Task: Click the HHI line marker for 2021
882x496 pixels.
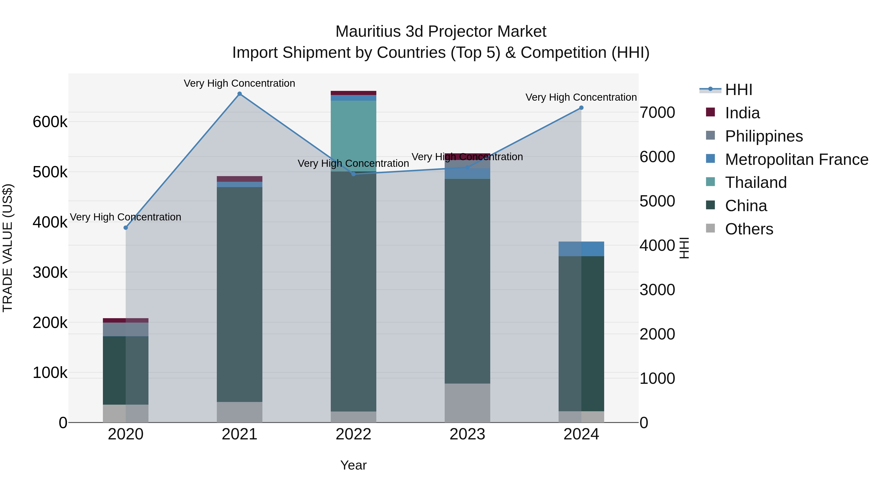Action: [239, 94]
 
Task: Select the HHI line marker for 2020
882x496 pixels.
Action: [126, 228]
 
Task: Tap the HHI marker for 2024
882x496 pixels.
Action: [581, 108]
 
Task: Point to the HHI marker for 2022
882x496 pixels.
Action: [354, 174]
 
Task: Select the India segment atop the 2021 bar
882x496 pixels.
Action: [239, 179]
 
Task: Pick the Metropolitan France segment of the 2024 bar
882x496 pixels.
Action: [581, 249]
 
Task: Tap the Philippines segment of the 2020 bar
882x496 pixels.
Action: [126, 329]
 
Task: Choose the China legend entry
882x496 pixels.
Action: [746, 206]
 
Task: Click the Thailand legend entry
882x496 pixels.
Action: [756, 182]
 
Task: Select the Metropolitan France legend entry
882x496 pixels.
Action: [796, 159]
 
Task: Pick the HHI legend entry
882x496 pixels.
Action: [738, 90]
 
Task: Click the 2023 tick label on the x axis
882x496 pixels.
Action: [467, 434]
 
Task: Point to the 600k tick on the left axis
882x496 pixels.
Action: [50, 122]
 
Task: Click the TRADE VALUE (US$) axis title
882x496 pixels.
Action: [8, 248]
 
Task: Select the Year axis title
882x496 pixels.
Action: [353, 465]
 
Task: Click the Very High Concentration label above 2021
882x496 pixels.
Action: [239, 83]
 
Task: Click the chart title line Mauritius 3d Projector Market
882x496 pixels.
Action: [441, 32]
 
